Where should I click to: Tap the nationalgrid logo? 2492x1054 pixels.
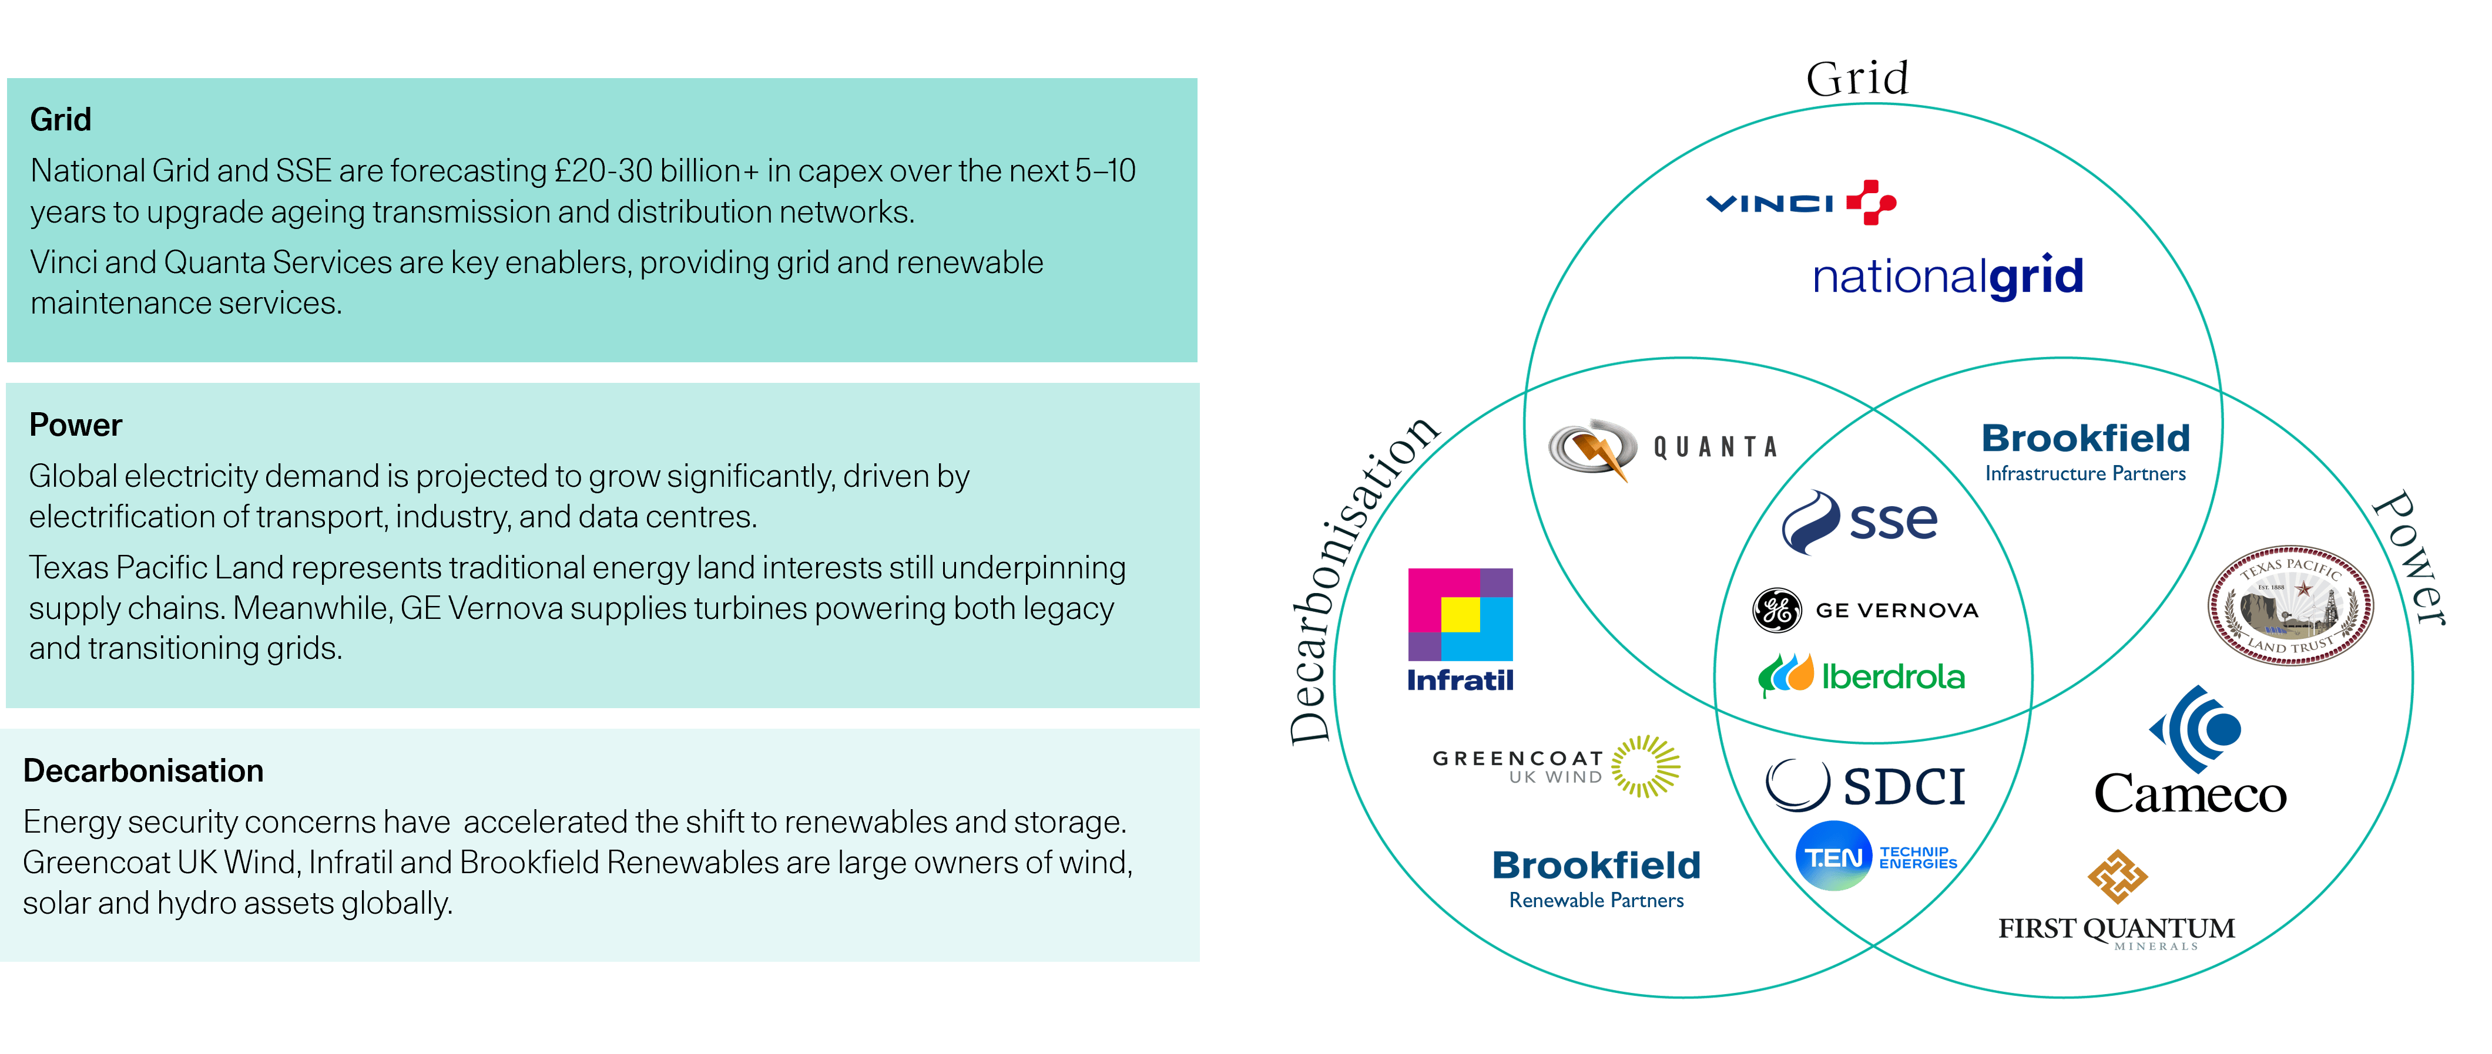(x=1947, y=278)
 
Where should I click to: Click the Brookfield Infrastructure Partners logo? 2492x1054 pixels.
(x=2086, y=452)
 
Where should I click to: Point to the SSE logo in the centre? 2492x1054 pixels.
(x=1859, y=522)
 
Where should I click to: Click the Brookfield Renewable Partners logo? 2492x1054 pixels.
(x=1596, y=878)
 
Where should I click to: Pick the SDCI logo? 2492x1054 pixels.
(x=1865, y=785)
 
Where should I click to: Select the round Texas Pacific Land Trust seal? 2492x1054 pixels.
(x=2290, y=604)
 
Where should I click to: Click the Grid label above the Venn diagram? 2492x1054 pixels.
(x=1856, y=78)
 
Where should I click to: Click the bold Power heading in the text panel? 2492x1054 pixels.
(x=75, y=426)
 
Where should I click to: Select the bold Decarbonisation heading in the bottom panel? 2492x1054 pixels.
(x=143, y=770)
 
